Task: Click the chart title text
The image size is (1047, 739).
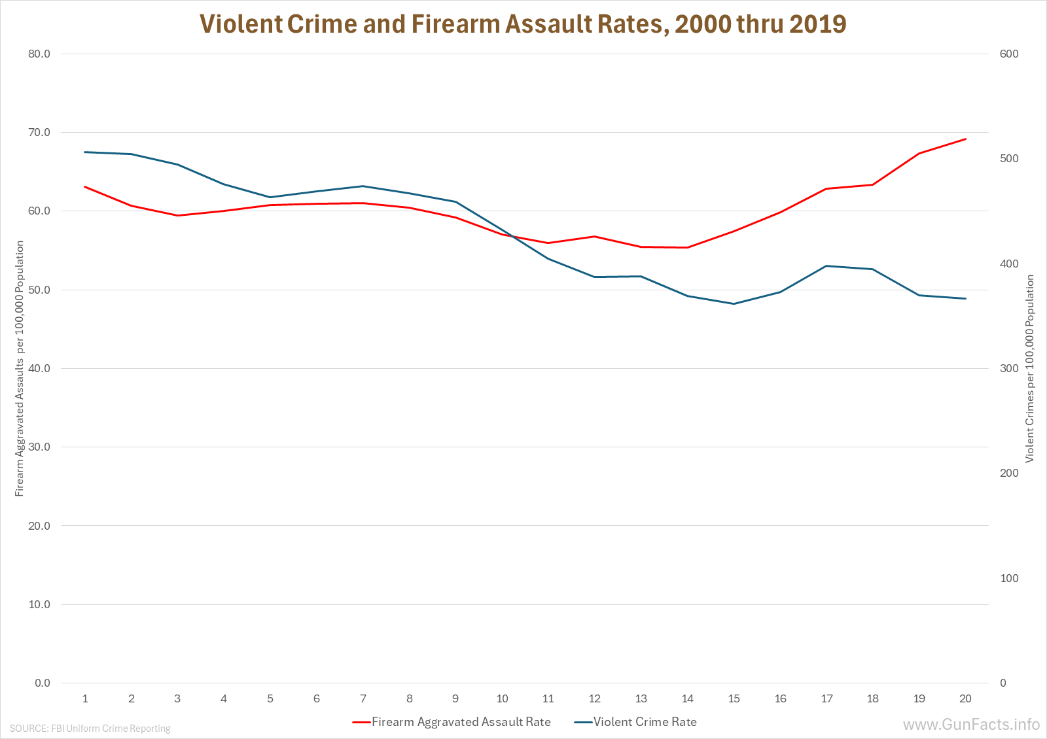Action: point(523,24)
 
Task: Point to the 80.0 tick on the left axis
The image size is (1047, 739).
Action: point(39,54)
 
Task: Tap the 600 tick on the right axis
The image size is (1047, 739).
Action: point(1009,54)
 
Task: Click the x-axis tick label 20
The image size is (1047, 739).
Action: point(965,698)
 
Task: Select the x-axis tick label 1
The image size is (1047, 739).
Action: point(85,698)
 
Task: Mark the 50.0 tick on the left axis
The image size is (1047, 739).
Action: point(39,290)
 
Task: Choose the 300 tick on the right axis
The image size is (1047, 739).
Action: point(1009,368)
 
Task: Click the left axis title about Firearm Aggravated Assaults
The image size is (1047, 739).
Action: point(20,368)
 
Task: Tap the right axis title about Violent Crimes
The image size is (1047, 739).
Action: point(1030,368)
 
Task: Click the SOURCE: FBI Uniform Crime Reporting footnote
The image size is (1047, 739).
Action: point(90,729)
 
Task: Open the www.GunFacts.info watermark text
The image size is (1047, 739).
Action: point(971,725)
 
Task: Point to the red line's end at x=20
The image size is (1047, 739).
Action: point(965,139)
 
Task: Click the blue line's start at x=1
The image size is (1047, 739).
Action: point(85,152)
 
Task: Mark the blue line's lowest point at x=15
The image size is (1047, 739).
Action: point(734,303)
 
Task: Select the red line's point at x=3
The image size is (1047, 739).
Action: point(177,215)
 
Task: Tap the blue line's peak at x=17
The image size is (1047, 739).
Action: point(826,266)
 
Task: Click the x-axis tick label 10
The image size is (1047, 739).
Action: point(502,698)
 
